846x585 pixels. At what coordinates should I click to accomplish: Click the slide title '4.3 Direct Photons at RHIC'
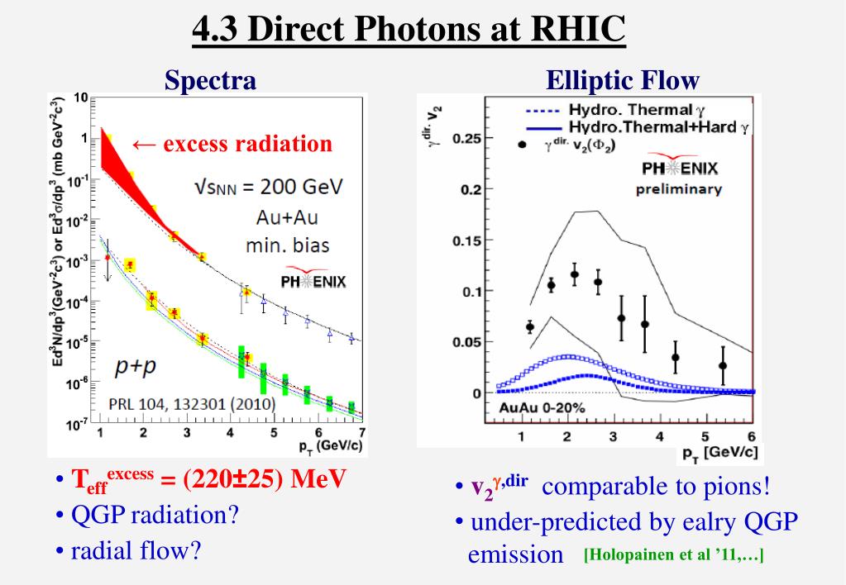click(x=409, y=31)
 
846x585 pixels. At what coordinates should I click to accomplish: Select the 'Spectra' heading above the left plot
click(x=210, y=80)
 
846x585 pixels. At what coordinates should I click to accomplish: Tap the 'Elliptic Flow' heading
click(x=623, y=80)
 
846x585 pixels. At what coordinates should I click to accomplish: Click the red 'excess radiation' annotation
click(x=232, y=144)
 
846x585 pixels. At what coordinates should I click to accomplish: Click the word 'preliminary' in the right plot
click(x=679, y=189)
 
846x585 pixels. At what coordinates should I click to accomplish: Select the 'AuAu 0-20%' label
click(x=542, y=407)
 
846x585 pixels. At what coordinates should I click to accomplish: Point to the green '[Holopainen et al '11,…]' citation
click(x=673, y=555)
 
